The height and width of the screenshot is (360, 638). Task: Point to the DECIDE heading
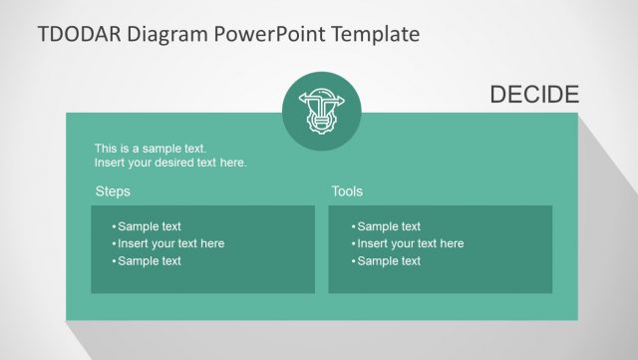coord(534,95)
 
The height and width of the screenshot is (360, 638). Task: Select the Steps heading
coord(113,191)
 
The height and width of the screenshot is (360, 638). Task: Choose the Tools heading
coord(347,191)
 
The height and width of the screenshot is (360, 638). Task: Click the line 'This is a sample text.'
coord(151,149)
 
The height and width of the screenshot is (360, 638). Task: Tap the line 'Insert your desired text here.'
coord(170,163)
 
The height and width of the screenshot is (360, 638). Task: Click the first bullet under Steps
coord(149,226)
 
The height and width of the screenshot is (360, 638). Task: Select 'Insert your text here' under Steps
coord(170,243)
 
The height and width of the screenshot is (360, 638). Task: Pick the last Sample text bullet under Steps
coord(149,261)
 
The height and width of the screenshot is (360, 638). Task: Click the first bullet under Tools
coord(388,226)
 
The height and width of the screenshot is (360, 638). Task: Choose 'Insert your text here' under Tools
coord(410,243)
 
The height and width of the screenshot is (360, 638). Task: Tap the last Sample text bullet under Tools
coord(388,261)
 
